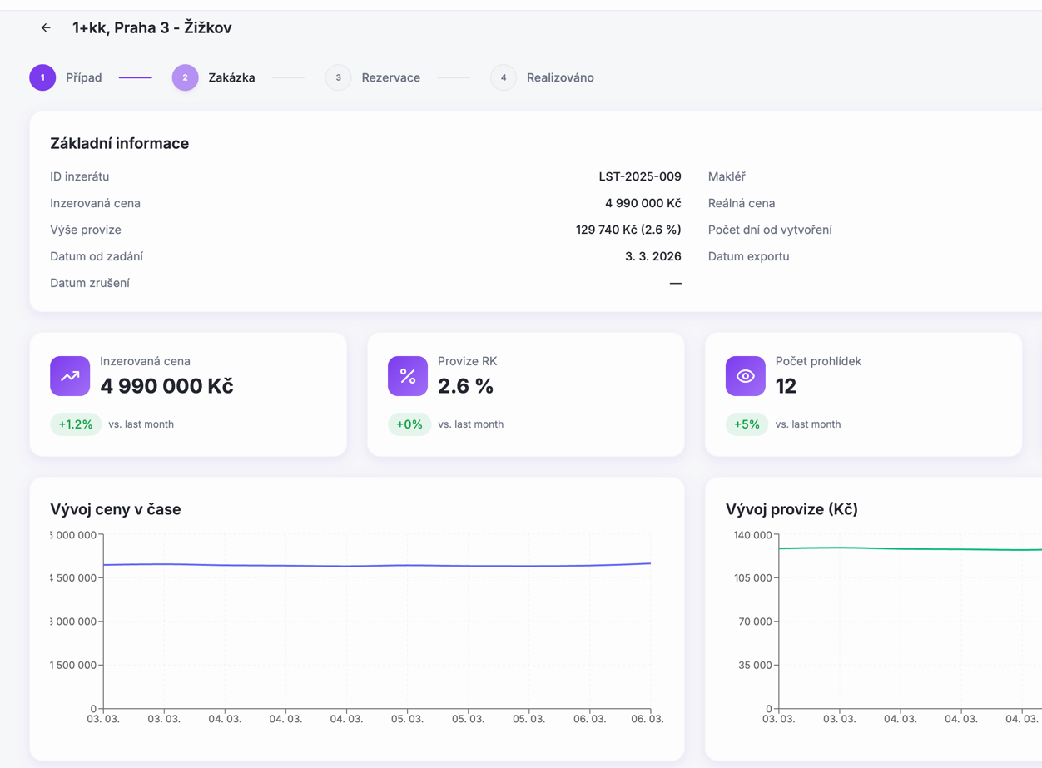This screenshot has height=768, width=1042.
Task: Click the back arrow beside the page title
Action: tap(46, 28)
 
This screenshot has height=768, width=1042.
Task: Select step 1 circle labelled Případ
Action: tap(42, 77)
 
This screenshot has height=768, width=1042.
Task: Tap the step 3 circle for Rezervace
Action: tap(338, 77)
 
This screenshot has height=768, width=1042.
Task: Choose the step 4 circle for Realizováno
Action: tap(503, 77)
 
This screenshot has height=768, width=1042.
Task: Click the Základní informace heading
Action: tap(119, 143)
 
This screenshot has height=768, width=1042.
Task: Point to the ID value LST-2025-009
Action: tap(639, 176)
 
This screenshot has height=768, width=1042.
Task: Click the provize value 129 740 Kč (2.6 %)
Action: tap(628, 230)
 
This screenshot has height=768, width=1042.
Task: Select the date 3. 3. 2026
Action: tap(652, 256)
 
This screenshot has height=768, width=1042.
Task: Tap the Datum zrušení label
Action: tap(90, 283)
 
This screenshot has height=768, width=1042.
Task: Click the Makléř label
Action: tap(727, 176)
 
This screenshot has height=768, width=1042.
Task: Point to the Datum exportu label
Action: tap(748, 256)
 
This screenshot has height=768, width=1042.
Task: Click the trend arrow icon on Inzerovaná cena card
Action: tap(70, 376)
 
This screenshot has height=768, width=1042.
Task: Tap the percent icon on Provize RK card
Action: tap(408, 376)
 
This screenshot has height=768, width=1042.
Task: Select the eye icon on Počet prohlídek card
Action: tap(745, 376)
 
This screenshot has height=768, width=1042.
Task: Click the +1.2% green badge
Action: tap(76, 424)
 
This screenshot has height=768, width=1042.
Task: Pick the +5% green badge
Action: tap(747, 424)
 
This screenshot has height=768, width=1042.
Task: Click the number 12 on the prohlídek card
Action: tap(786, 386)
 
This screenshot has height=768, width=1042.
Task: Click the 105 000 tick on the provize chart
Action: tap(752, 577)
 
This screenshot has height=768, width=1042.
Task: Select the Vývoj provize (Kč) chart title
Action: tap(791, 509)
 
